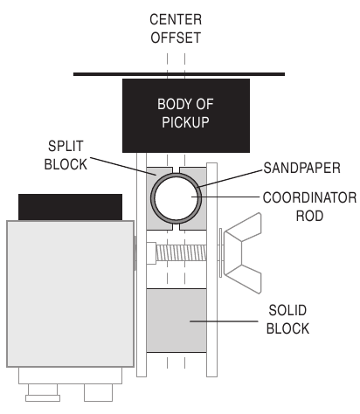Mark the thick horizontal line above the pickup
click(179, 74)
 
